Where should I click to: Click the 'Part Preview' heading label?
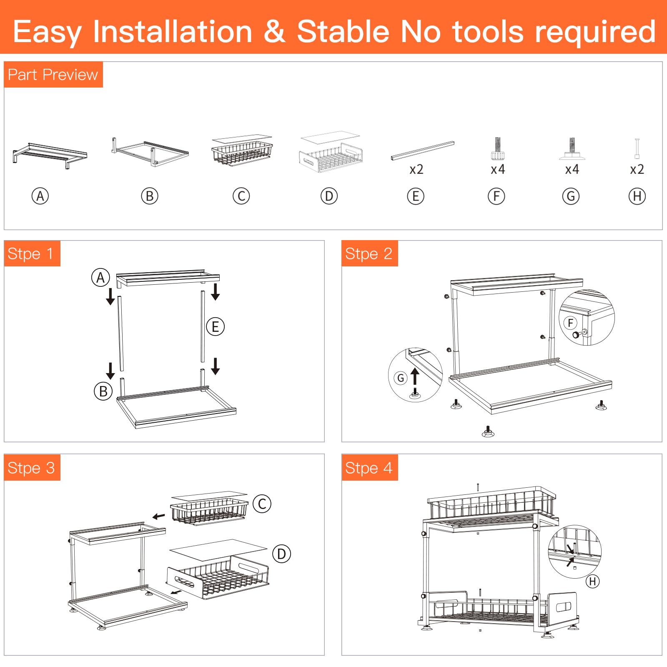pyautogui.click(x=53, y=75)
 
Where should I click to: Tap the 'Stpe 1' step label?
pyautogui.click(x=30, y=254)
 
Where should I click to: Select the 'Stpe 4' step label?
pyautogui.click(x=369, y=468)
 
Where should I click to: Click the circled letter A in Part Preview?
pyautogui.click(x=40, y=196)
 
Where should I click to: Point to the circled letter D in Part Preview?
pyautogui.click(x=329, y=196)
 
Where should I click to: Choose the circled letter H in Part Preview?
pyautogui.click(x=637, y=196)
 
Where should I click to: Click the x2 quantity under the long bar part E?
pyautogui.click(x=416, y=169)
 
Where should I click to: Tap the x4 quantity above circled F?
pyautogui.click(x=498, y=169)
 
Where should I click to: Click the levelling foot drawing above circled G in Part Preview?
pyautogui.click(x=572, y=149)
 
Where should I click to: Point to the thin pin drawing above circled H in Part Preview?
pyautogui.click(x=637, y=148)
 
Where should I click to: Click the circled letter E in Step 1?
pyautogui.click(x=216, y=326)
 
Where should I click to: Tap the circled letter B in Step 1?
pyautogui.click(x=103, y=391)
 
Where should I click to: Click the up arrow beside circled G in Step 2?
pyautogui.click(x=415, y=376)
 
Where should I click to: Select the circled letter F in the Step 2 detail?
pyautogui.click(x=571, y=323)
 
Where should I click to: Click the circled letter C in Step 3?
pyautogui.click(x=262, y=504)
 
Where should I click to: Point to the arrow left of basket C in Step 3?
pyautogui.click(x=159, y=517)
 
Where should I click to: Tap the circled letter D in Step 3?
pyautogui.click(x=282, y=554)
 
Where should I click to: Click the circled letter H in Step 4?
pyautogui.click(x=592, y=581)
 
